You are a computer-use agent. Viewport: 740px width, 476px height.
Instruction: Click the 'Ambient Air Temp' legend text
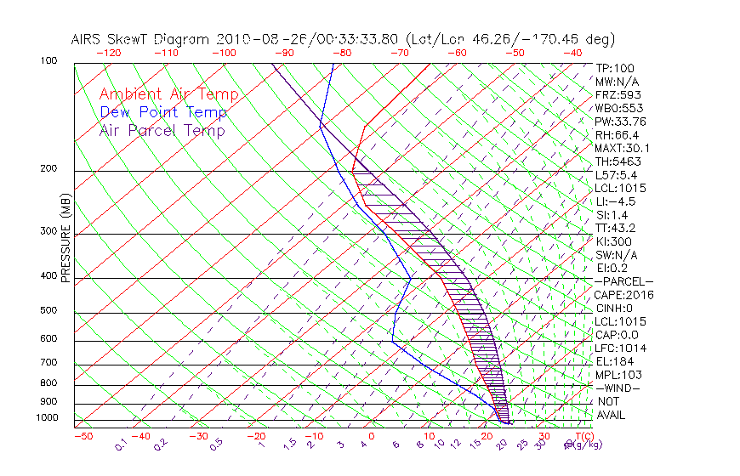168,94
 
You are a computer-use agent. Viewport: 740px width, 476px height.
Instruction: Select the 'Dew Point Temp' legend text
162,112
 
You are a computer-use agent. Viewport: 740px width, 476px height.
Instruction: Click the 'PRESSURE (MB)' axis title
65,247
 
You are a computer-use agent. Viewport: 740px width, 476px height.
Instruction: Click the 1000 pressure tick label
48,417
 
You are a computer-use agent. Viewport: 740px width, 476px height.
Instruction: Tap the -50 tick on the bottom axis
83,436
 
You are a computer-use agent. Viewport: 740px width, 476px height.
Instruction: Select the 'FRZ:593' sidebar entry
618,94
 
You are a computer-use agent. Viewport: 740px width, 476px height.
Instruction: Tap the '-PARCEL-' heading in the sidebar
624,281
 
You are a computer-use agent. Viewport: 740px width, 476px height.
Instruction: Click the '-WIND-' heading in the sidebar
618,388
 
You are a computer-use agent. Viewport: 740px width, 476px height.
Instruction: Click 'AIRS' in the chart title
88,39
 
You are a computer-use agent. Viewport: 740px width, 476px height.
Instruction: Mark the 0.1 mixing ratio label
122,445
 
